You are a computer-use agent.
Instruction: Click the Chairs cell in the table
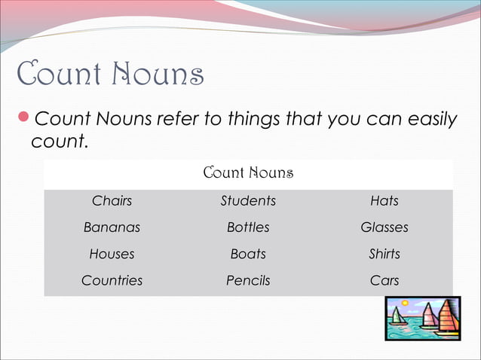coord(112,201)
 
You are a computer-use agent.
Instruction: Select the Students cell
coord(248,201)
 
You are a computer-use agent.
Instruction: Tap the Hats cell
coord(384,201)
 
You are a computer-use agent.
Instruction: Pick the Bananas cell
coord(112,227)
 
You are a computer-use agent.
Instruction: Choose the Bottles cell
coord(248,227)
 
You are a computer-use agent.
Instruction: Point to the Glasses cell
coord(384,227)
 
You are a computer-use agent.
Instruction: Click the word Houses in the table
coord(112,254)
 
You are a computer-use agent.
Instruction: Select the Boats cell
coord(248,254)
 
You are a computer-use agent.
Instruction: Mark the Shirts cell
coord(384,254)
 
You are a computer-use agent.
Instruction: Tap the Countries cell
coord(112,280)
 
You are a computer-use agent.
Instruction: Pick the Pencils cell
coord(248,280)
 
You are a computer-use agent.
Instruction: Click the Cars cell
coord(384,280)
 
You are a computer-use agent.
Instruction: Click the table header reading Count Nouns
coord(248,174)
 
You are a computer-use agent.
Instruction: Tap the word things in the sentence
coord(240,119)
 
